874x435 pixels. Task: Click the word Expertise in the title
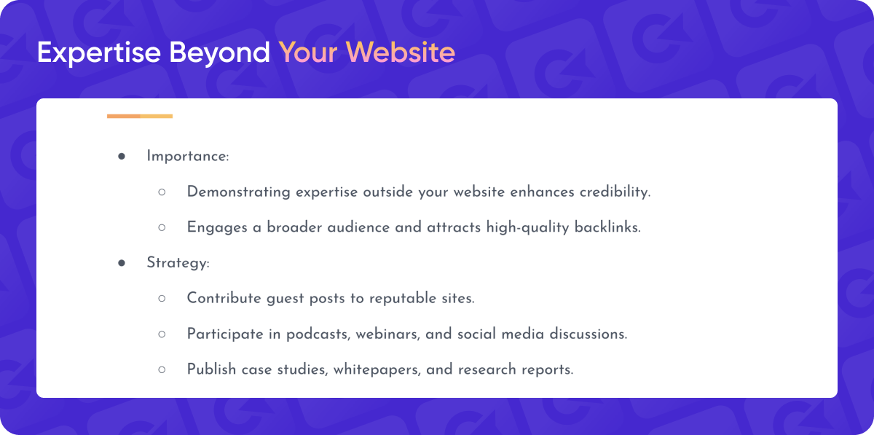point(99,52)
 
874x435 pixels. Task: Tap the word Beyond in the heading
point(219,52)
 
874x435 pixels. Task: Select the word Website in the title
point(401,52)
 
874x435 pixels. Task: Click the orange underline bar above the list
point(140,116)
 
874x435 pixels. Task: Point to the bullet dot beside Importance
point(122,156)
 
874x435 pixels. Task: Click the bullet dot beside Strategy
point(122,263)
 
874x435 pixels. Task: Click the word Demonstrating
point(238,192)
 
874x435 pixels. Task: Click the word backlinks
point(607,227)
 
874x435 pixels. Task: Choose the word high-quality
point(527,227)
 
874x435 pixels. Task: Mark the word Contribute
point(224,298)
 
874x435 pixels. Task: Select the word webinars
point(388,334)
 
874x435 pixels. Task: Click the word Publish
point(211,369)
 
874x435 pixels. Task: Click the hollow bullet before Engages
point(162,227)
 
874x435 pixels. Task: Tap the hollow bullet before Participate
point(162,334)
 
